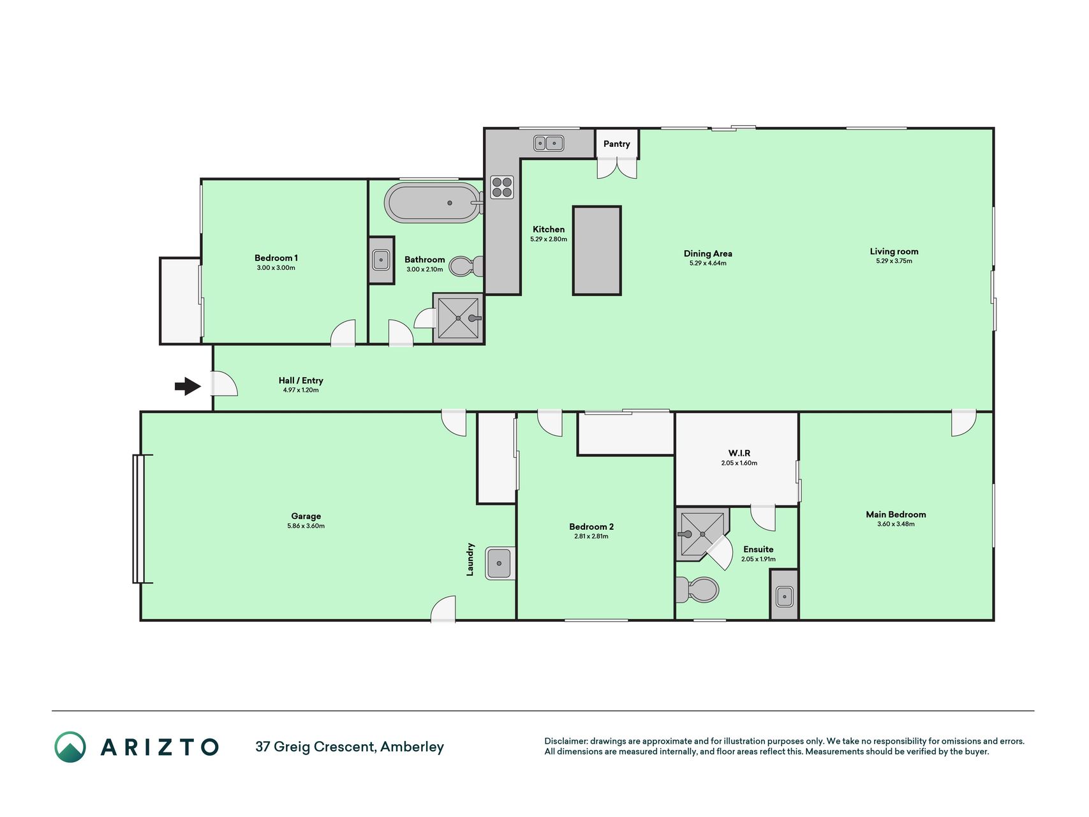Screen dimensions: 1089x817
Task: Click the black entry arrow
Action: point(188,386)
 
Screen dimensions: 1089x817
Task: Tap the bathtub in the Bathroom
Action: point(433,203)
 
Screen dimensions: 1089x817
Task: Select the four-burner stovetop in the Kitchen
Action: point(502,187)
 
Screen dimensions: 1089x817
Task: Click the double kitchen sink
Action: point(548,144)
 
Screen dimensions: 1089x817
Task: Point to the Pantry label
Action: point(616,144)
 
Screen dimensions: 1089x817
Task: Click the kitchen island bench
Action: point(596,250)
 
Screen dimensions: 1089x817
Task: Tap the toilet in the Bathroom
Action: point(466,266)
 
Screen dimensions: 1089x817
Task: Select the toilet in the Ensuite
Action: point(697,590)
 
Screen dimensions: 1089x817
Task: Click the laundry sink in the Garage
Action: point(500,563)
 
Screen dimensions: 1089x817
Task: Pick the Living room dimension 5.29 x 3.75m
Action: point(894,261)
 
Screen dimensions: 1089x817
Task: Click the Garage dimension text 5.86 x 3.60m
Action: point(306,526)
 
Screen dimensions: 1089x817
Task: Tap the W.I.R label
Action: point(739,453)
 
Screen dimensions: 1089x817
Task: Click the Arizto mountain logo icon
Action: point(70,747)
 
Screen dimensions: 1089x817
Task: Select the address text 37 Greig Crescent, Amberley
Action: point(350,747)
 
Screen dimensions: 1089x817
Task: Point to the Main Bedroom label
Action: point(896,514)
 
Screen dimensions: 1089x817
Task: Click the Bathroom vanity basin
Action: point(381,260)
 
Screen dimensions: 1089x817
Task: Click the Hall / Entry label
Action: point(301,380)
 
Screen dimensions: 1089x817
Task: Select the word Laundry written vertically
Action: point(470,559)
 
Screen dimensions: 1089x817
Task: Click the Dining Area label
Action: point(708,253)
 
